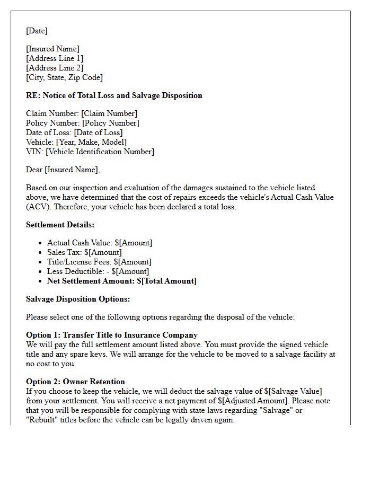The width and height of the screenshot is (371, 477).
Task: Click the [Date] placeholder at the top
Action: coord(37,31)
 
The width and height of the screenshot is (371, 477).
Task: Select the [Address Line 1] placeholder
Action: coord(55,58)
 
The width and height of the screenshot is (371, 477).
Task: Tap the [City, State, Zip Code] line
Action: coord(64,77)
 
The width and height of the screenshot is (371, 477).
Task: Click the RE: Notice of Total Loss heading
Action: coord(114,95)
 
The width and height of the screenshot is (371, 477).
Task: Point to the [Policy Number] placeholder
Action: coord(110,123)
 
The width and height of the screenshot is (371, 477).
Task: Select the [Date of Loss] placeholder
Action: coord(98,132)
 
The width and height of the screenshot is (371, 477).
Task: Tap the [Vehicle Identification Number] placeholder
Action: coord(100,152)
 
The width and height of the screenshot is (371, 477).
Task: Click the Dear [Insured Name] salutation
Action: coord(63,170)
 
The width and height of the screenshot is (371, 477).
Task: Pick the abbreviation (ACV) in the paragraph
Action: coord(36,207)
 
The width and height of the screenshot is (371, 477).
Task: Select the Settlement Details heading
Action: coord(60,225)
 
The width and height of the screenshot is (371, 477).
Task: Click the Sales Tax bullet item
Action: coord(84,252)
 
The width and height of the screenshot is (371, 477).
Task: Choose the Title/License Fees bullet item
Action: coord(99,262)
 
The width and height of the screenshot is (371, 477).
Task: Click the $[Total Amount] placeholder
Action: coord(166,281)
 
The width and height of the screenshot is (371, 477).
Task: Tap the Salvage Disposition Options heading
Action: coord(78,299)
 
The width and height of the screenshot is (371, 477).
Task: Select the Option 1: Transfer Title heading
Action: coord(112,335)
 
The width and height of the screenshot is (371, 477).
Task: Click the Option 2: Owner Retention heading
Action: coord(75,382)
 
